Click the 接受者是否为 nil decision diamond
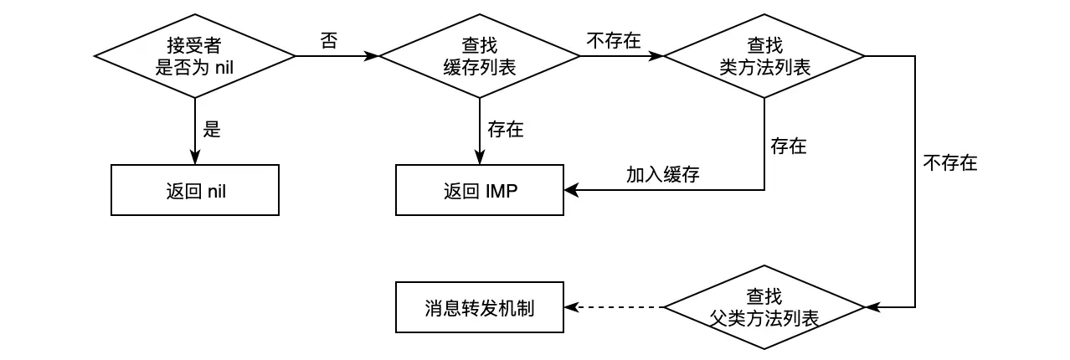pos(194,56)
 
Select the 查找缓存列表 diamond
pos(479,56)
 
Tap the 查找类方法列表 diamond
pos(764,56)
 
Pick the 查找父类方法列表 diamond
pos(764,307)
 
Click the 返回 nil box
pos(194,190)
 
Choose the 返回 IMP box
pos(479,190)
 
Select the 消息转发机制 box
pos(479,307)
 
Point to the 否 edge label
pos(329,40)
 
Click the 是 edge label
pos(212,130)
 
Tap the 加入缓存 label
pos(662,174)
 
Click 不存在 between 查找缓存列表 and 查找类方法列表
pos(614,40)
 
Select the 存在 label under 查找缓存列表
pos(505,130)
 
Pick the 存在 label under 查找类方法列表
pos(788,147)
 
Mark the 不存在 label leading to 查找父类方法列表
pos(950,163)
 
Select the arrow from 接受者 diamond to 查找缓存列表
pos(337,56)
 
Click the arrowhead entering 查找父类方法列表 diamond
pos(872,307)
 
